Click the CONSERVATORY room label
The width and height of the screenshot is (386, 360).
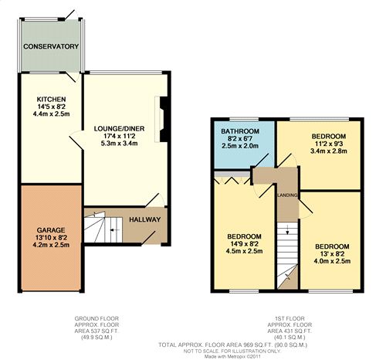coord(51,46)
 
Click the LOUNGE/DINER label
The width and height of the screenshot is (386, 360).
coord(119,128)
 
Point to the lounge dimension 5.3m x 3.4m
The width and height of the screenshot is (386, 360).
coord(119,143)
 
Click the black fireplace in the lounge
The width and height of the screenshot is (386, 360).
coord(164,119)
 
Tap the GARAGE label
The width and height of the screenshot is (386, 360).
coord(51,230)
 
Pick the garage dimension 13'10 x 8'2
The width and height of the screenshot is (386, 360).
coord(51,238)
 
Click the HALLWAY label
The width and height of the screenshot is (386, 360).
coord(145,219)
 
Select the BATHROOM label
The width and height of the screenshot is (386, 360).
coord(240,131)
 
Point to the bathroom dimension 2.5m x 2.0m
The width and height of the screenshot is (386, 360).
coord(240,146)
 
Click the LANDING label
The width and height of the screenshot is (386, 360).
coord(288,195)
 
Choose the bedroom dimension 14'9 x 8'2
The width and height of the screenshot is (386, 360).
coord(244,243)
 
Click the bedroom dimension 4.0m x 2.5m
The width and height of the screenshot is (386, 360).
coord(332,261)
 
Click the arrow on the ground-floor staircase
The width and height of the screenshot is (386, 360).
coord(113,229)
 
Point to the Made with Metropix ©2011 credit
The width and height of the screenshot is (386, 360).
coord(232,356)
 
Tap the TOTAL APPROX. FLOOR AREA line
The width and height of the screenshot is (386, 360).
coord(232,345)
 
